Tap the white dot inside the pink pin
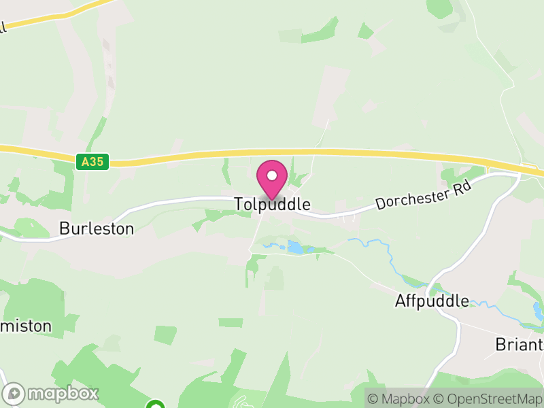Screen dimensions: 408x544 pos(272,175)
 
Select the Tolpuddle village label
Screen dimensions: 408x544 pos(273,204)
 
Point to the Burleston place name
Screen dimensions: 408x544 pos(97,228)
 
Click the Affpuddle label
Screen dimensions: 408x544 pos(432,301)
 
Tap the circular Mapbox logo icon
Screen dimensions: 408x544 pos(15,393)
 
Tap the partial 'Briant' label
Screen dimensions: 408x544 pos(519,344)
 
